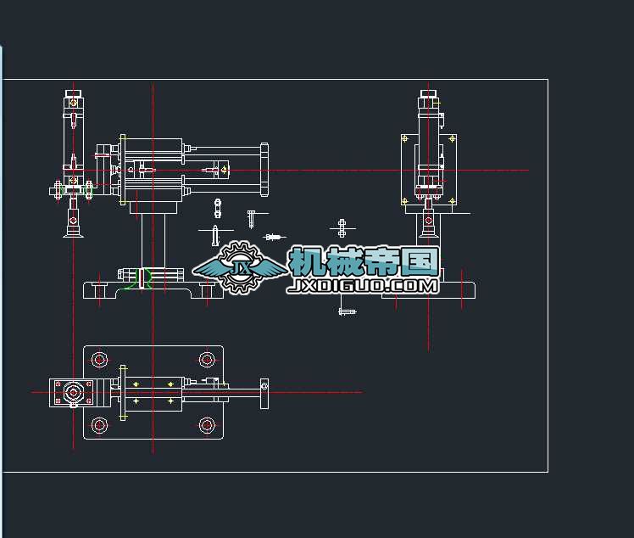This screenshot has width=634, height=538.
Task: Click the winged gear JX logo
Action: (x=241, y=268)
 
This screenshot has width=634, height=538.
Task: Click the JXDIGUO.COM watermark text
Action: (x=363, y=286)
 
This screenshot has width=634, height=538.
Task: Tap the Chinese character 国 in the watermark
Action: (x=421, y=261)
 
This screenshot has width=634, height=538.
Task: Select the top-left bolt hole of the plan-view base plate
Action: (x=100, y=360)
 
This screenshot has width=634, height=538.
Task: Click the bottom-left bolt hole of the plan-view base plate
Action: (x=100, y=424)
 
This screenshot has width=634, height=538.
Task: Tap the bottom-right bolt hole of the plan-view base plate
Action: (x=206, y=424)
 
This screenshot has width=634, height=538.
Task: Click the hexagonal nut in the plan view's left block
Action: (x=75, y=393)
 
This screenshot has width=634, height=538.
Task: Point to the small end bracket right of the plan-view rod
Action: (x=264, y=392)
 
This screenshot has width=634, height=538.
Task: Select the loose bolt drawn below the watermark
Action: (x=347, y=311)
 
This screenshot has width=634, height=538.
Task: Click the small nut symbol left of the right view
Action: (x=342, y=227)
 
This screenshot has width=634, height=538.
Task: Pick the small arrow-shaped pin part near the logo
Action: (x=274, y=238)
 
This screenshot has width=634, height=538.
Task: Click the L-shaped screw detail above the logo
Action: (x=252, y=218)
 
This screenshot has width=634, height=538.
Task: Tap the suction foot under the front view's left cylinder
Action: (x=72, y=227)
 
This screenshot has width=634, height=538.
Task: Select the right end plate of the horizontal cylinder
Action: (x=264, y=170)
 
